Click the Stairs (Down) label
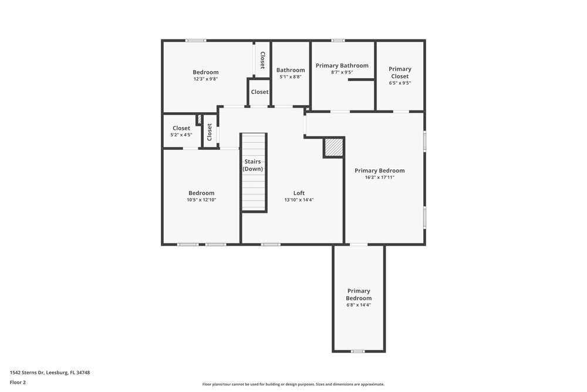coord(254,165)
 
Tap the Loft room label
coord(299,193)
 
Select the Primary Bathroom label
coord(342,65)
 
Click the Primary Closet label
coord(400,72)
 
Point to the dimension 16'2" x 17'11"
coord(379,177)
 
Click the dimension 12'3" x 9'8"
coord(205,79)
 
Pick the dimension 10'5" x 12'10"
coord(201,200)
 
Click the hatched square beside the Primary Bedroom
coord(333,148)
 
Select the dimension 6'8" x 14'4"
coord(359,305)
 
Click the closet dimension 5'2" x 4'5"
coord(181,135)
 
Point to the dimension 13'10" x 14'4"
coord(299,200)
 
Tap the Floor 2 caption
coord(18,382)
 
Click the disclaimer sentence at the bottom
coord(293,384)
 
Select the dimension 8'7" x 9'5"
coord(342,72)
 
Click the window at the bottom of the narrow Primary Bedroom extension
coord(358,351)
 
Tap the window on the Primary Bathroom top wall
coord(338,41)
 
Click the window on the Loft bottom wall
coord(271,244)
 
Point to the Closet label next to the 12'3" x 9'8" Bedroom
coord(262,61)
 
